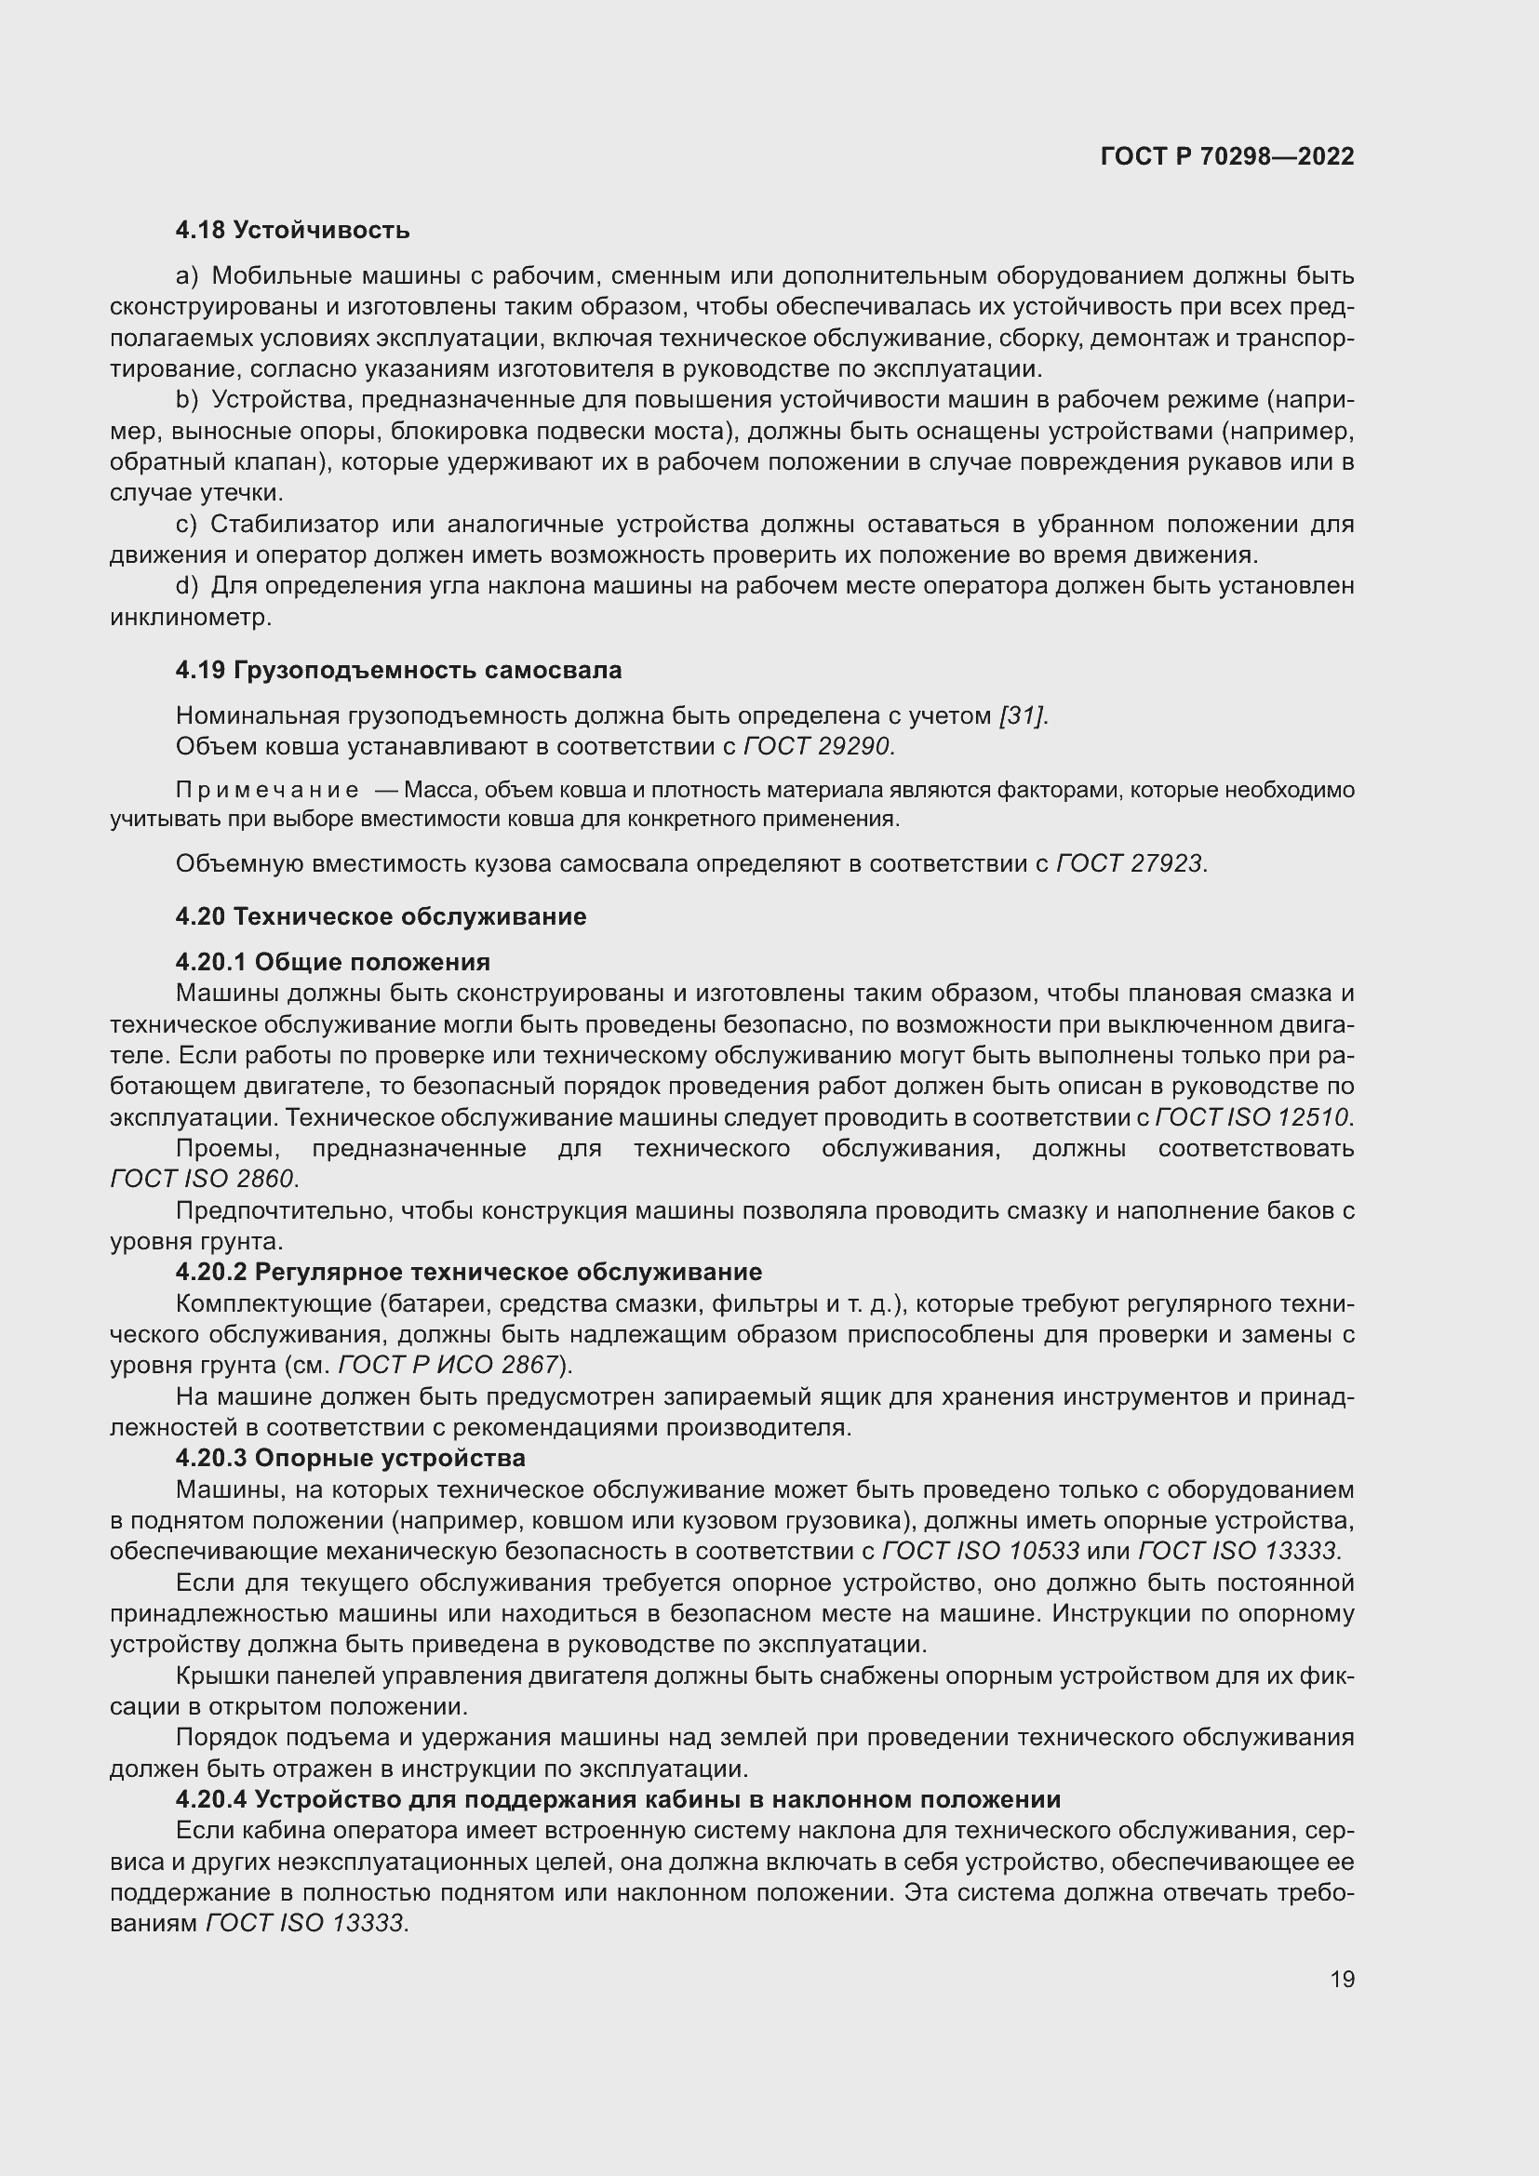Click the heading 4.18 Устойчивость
click(x=292, y=230)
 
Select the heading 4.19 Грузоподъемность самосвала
click(x=398, y=670)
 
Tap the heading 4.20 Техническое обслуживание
click(x=380, y=916)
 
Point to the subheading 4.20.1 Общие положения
click(x=331, y=962)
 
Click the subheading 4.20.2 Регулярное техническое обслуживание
click(x=468, y=1272)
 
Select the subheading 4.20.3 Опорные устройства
click(x=350, y=1458)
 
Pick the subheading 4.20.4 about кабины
click(x=617, y=1799)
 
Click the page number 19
click(x=1342, y=1979)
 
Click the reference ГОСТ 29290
click(x=819, y=747)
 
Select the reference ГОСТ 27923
click(x=1131, y=863)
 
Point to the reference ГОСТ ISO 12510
click(x=1251, y=1117)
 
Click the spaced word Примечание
click(x=267, y=791)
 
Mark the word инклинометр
click(x=191, y=617)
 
